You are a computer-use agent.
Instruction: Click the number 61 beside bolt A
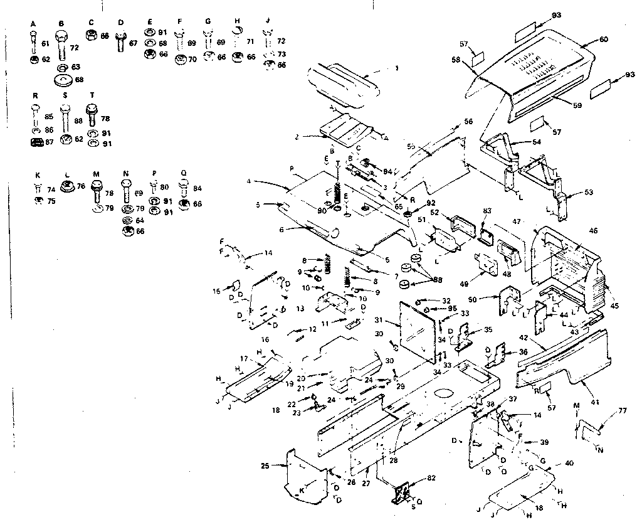[x=46, y=43]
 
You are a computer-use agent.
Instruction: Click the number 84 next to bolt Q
[x=198, y=187]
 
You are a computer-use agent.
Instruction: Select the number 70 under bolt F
[x=193, y=60]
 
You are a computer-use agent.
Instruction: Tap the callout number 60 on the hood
[x=603, y=40]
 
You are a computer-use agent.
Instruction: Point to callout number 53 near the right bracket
[x=587, y=192]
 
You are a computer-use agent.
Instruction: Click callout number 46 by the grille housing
[x=592, y=231]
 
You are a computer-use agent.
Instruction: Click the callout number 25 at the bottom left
[x=265, y=465]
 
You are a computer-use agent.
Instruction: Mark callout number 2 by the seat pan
[x=297, y=136]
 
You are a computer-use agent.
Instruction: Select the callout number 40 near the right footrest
[x=569, y=463]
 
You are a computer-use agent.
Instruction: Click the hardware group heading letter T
[x=92, y=95]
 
